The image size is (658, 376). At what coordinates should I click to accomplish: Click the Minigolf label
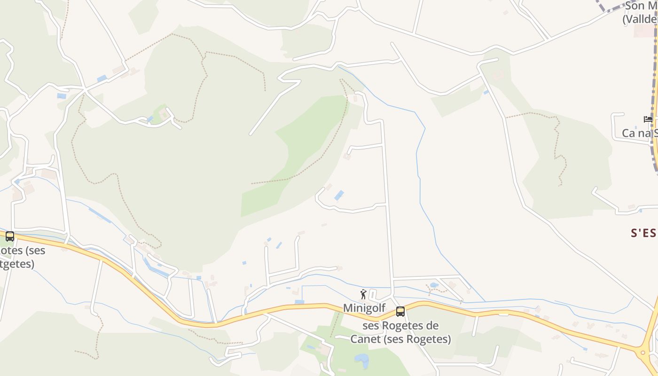point(364,308)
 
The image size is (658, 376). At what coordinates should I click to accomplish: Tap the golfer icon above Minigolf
point(363,294)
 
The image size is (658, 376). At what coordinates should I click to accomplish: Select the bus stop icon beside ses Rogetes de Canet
point(400,311)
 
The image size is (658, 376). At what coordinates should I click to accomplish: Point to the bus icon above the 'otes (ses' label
point(10,236)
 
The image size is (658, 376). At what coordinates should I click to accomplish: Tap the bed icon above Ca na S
point(648,119)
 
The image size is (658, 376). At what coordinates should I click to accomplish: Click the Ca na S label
point(639,133)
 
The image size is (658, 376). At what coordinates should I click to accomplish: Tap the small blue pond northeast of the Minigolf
point(434,285)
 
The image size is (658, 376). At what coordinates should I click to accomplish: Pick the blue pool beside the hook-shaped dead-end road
point(339,195)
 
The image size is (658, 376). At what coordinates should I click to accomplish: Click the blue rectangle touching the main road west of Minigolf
point(299,302)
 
